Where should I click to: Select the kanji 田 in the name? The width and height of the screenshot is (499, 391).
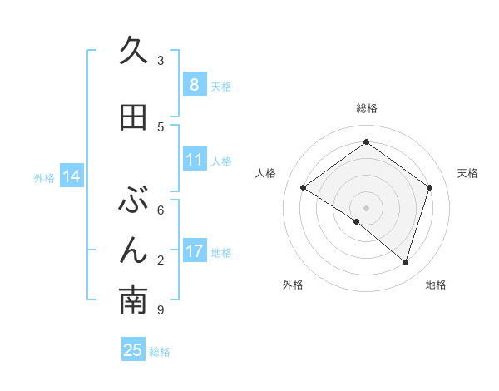point(133,117)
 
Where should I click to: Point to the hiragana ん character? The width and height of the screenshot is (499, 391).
point(133,250)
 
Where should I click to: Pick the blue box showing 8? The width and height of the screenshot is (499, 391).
point(194,85)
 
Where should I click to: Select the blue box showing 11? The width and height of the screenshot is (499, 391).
point(194,160)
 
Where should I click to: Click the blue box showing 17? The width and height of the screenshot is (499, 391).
point(194,251)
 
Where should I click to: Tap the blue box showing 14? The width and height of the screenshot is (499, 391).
point(71,176)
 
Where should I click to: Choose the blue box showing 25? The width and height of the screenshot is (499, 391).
point(133,350)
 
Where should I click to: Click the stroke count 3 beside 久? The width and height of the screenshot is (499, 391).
point(161,61)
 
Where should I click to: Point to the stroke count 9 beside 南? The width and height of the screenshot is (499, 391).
point(160,310)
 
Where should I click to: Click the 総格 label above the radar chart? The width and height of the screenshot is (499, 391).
point(366,108)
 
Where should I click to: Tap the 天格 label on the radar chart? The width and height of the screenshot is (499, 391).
point(467,173)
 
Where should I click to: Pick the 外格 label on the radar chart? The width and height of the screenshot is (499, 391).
point(293,285)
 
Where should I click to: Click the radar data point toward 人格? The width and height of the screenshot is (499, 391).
point(304,188)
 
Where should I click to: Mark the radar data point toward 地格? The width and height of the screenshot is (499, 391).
point(405,262)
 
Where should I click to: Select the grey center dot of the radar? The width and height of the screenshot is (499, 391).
point(366,207)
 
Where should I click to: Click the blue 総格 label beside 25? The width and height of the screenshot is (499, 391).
point(160,352)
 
